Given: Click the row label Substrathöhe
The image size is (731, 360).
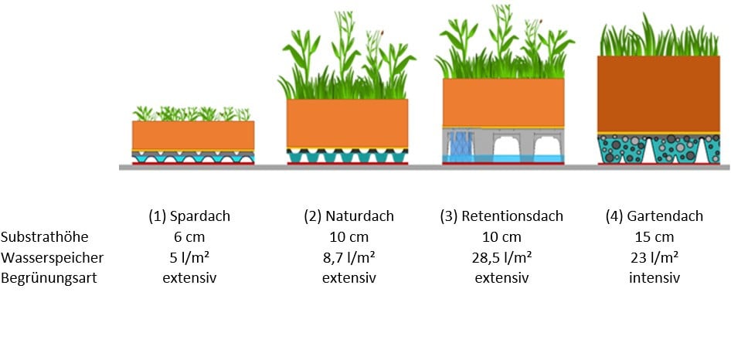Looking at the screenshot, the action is (44, 237).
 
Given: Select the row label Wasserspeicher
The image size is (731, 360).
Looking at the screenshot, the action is (52, 257).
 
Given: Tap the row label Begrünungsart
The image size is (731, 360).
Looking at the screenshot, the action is (49, 278).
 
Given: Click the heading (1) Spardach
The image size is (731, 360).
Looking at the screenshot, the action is (189, 216).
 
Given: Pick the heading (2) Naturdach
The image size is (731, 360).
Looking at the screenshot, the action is (349, 216).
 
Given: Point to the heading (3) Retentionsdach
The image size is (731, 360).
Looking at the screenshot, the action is (501, 216).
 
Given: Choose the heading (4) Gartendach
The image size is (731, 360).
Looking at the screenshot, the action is (654, 216).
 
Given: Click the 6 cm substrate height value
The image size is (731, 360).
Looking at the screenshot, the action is (189, 237).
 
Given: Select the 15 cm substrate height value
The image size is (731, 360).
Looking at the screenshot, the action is (654, 237).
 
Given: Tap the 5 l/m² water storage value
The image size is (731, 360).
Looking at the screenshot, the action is (189, 257).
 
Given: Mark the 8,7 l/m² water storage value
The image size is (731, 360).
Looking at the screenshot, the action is (349, 257).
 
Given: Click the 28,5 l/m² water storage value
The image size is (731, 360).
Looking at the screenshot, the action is (501, 257).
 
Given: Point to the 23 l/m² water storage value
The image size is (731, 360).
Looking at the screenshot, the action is (654, 257).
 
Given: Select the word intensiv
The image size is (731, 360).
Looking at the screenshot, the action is (654, 278).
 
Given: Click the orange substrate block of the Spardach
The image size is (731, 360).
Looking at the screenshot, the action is (193, 135).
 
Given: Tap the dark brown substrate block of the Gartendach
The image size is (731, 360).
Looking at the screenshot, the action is (658, 94).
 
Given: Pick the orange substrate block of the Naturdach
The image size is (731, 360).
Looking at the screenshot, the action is (347, 123).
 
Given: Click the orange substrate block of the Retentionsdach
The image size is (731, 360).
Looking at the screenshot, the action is (503, 102).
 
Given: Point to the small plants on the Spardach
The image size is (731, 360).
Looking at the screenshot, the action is (192, 114).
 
